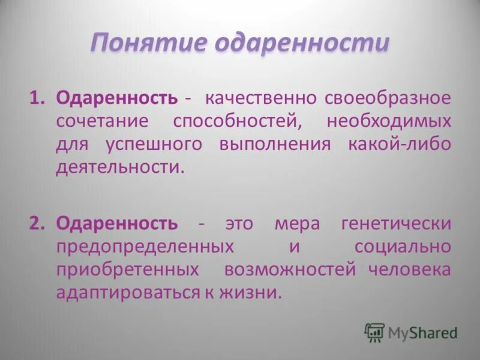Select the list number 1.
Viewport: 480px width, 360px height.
[x=38, y=97]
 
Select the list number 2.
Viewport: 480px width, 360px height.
[x=38, y=224]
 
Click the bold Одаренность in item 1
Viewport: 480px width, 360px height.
[x=116, y=97]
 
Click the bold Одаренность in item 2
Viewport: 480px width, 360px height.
[x=116, y=224]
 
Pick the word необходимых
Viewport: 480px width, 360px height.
[x=389, y=121]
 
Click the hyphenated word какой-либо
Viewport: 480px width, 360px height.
[x=399, y=144]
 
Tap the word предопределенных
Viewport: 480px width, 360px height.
[x=145, y=247]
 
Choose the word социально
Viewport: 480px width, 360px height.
[x=402, y=247]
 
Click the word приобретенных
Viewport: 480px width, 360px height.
[x=127, y=269]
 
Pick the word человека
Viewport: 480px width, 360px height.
[x=410, y=269]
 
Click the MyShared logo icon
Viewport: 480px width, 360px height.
[x=374, y=332]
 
